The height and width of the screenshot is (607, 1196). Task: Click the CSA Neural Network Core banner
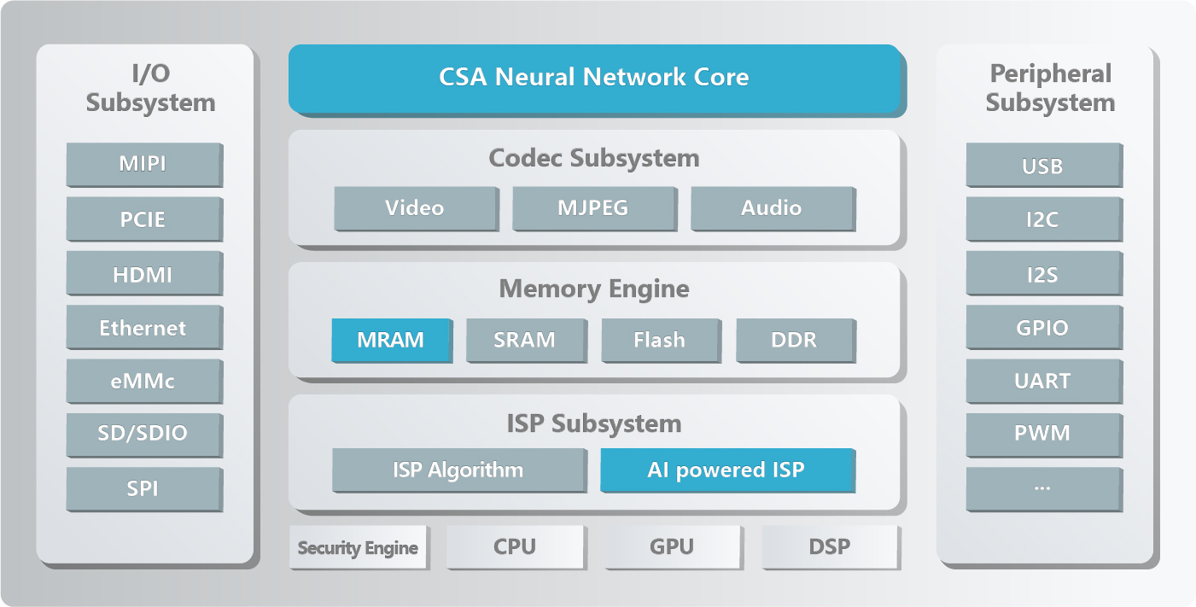(x=595, y=78)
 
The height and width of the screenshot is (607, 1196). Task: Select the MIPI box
(x=143, y=164)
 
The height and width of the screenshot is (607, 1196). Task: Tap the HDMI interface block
(x=143, y=274)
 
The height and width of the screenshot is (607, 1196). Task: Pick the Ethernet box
(x=143, y=328)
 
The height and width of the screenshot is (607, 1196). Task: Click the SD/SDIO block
(x=143, y=434)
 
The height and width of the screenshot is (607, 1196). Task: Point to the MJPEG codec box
(x=594, y=208)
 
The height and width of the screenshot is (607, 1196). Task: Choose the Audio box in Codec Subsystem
(x=772, y=208)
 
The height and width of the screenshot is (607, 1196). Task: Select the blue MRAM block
(x=391, y=340)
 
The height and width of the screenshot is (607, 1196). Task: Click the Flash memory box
(x=659, y=340)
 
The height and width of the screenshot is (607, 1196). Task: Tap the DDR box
(x=794, y=340)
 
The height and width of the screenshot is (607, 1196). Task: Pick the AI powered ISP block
(x=726, y=470)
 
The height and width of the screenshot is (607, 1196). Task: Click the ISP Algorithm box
(x=458, y=470)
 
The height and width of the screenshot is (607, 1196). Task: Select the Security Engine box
(x=358, y=547)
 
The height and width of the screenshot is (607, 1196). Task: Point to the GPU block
(x=672, y=546)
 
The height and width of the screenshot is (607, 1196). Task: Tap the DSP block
(x=830, y=546)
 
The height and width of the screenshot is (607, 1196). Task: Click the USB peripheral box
(x=1042, y=166)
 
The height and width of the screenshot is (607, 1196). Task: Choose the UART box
(x=1042, y=381)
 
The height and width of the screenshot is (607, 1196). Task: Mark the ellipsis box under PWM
(x=1042, y=488)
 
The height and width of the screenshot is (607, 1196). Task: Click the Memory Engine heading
(x=594, y=289)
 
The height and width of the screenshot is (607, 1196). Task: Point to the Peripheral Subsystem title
(x=1050, y=88)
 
